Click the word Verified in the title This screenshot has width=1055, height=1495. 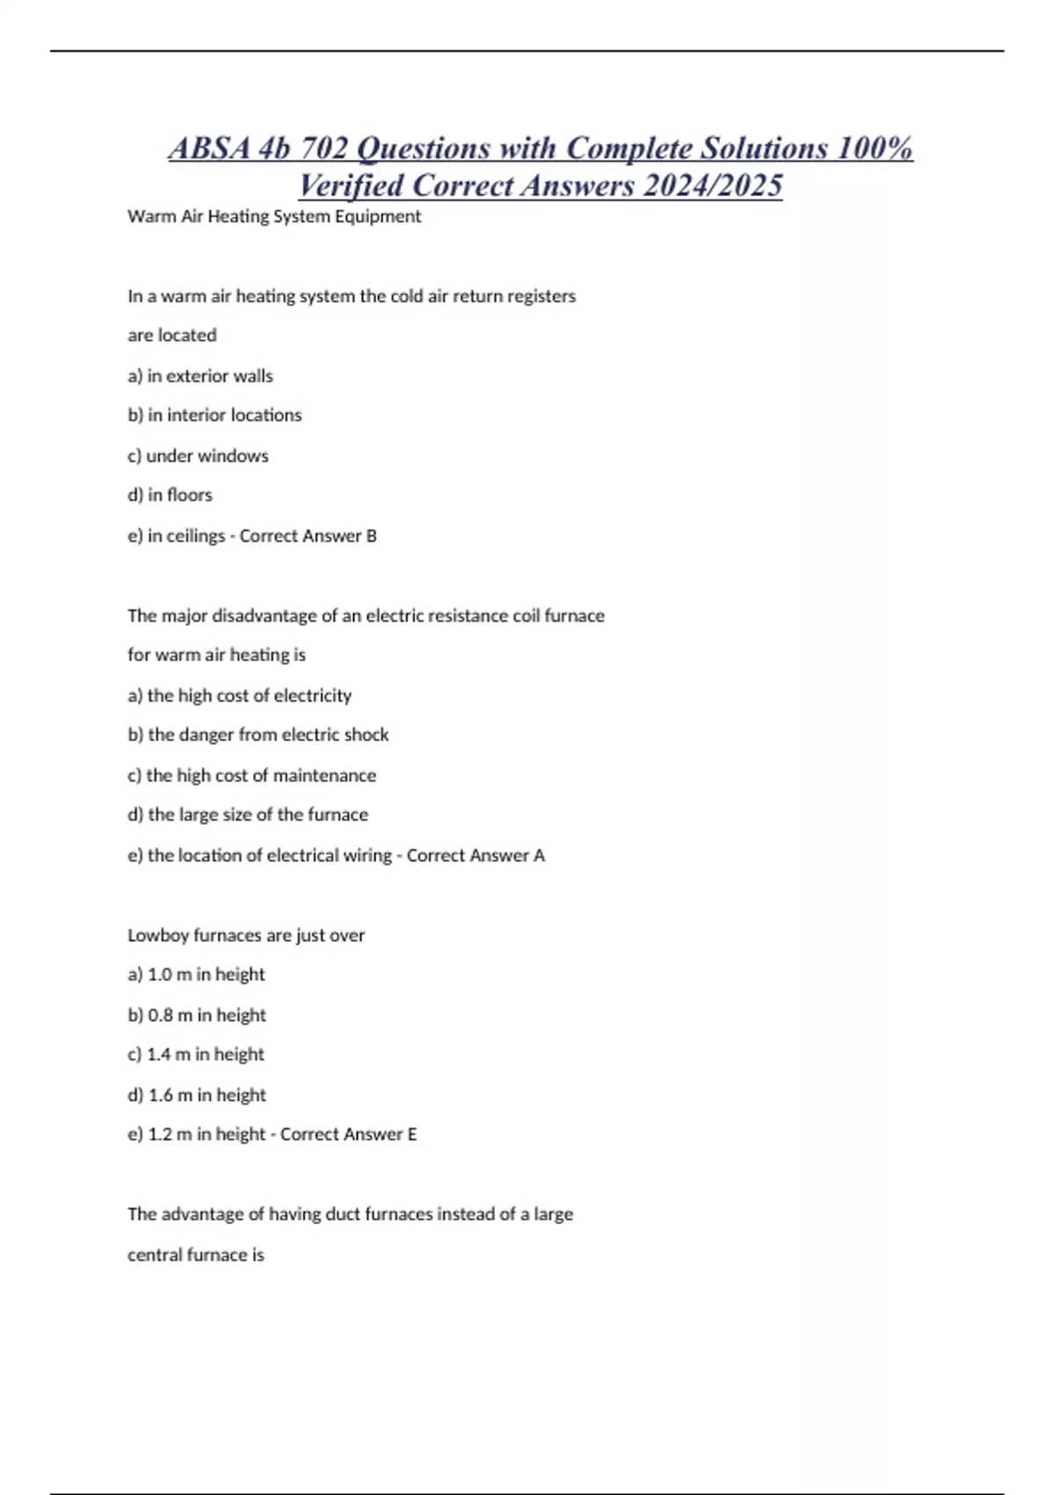(x=351, y=186)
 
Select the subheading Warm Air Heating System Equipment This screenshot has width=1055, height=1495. (x=274, y=216)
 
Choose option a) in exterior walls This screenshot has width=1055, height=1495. (x=200, y=376)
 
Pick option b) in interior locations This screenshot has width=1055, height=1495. (x=215, y=415)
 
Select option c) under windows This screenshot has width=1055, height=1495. (x=198, y=456)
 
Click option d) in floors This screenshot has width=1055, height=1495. (x=170, y=495)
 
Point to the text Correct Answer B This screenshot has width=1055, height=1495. (x=308, y=536)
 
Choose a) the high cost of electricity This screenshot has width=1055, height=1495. (x=239, y=696)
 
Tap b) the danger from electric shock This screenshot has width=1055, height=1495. (x=258, y=734)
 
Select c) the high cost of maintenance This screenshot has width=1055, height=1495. (x=251, y=775)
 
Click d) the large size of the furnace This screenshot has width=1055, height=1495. (x=247, y=814)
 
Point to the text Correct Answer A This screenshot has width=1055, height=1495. (x=476, y=855)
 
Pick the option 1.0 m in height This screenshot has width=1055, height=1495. (x=196, y=974)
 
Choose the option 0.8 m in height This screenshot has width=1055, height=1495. (x=197, y=1015)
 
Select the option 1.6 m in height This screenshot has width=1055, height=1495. (x=197, y=1095)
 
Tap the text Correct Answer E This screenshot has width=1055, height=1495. (x=348, y=1134)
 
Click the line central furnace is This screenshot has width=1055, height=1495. (x=195, y=1255)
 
